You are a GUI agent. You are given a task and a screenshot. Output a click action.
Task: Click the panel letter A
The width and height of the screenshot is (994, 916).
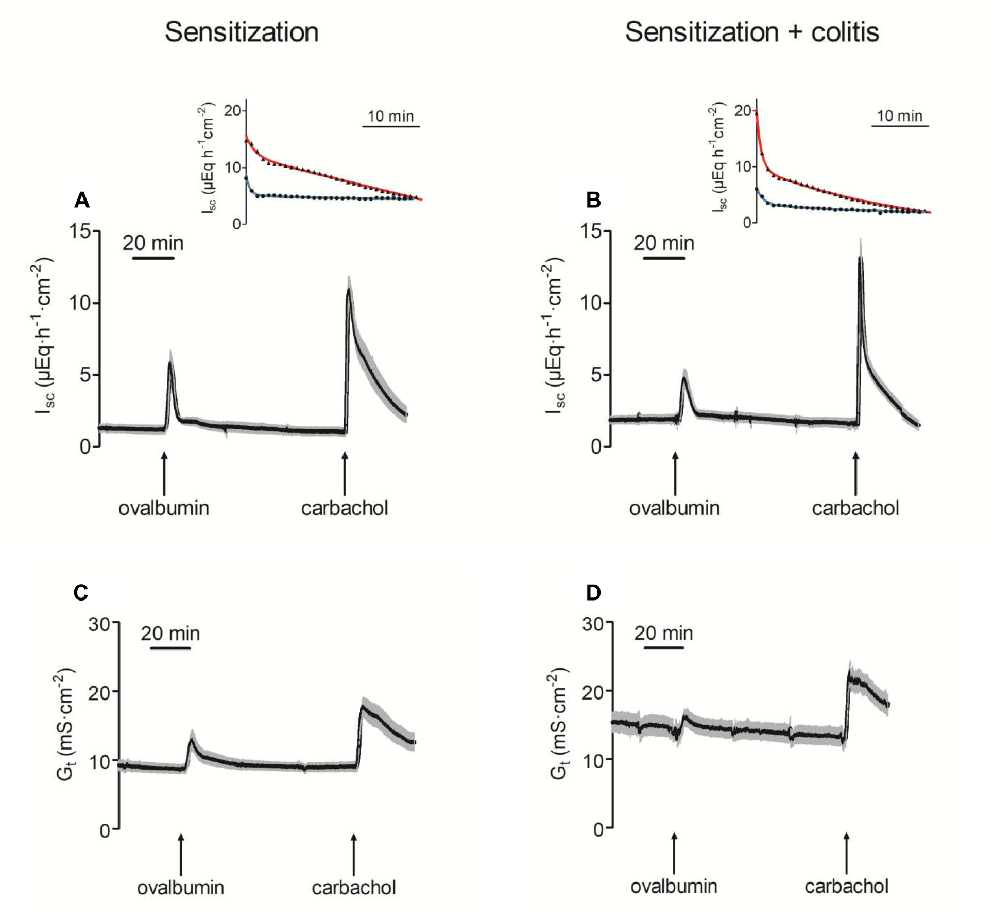(82, 199)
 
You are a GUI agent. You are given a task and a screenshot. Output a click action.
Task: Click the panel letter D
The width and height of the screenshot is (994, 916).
(593, 592)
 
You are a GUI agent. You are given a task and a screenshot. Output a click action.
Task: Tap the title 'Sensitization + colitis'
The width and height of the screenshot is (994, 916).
(751, 32)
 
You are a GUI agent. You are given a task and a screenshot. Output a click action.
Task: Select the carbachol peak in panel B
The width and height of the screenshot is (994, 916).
(860, 258)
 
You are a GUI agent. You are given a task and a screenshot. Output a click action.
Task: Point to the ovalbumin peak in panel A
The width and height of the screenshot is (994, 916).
(170, 363)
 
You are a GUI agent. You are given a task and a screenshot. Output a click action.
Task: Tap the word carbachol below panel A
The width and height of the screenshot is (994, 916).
(344, 508)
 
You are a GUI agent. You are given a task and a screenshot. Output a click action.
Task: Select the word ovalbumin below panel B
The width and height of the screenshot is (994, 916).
(674, 508)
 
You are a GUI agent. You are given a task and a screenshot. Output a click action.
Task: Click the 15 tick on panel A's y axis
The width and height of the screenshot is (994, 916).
(80, 231)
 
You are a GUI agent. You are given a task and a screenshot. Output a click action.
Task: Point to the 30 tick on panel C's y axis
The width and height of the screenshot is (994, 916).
(99, 625)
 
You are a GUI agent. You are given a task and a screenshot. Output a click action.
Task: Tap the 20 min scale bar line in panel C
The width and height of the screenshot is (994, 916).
(170, 648)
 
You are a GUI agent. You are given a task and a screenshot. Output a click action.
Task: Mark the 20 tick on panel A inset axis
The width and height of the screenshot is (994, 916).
(233, 111)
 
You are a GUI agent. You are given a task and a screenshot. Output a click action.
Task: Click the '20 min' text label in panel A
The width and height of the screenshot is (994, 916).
(153, 243)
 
